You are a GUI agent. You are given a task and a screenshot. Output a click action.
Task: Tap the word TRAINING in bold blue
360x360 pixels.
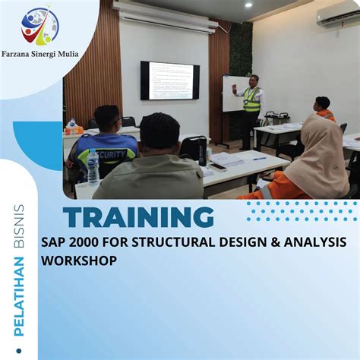138,218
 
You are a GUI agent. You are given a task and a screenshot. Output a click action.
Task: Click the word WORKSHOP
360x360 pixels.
79,261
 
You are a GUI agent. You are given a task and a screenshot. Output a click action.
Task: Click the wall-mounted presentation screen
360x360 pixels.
170,81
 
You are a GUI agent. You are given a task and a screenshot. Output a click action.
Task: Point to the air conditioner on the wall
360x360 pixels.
338,17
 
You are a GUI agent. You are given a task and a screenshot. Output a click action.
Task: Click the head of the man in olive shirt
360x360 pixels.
160,132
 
